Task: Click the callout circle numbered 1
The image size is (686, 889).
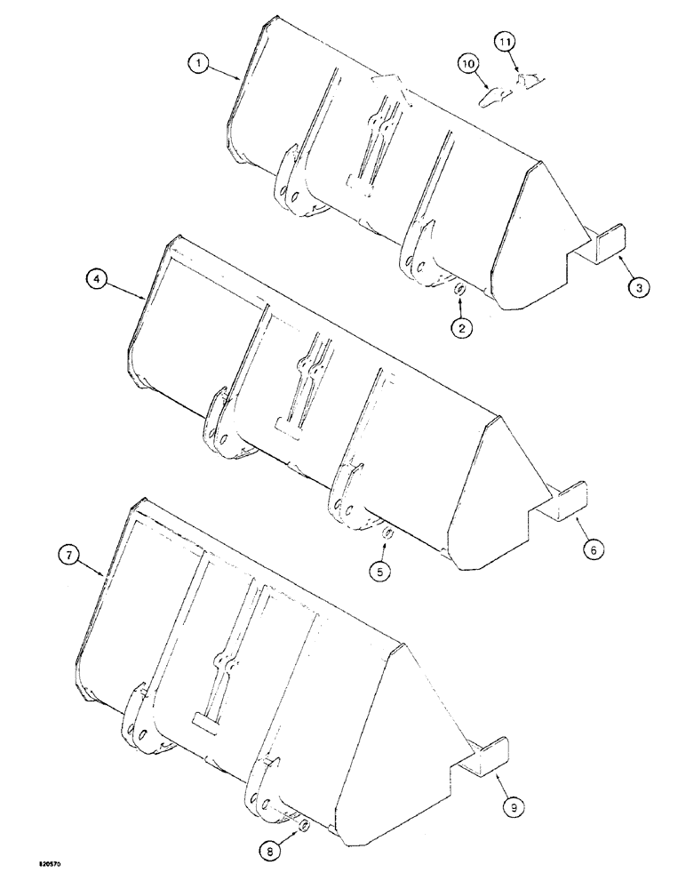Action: coord(199,63)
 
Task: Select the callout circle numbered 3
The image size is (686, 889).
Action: coord(638,286)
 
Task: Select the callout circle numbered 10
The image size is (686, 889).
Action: coord(469,63)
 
